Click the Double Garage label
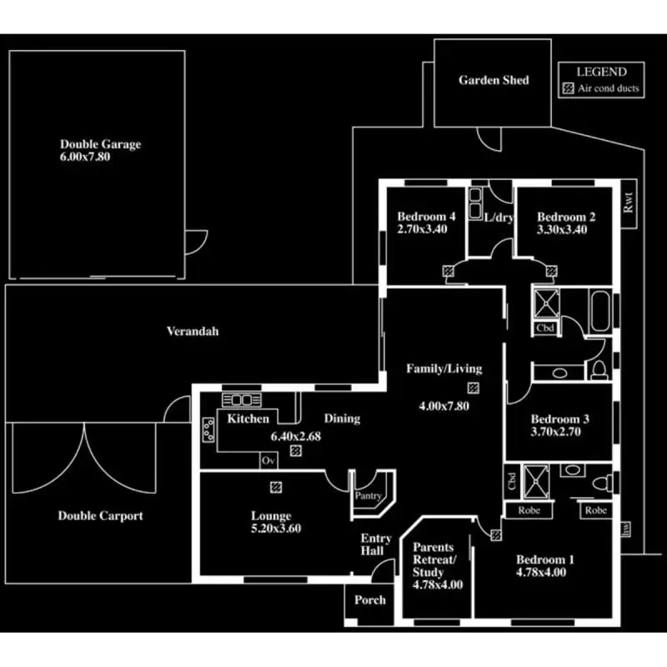click(100, 144)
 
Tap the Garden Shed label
click(494, 80)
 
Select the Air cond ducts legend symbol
click(569, 88)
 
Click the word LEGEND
click(601, 72)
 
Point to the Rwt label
click(629, 203)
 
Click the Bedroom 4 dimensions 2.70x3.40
click(422, 229)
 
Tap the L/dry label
click(499, 218)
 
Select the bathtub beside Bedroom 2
click(599, 311)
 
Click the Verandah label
click(193, 331)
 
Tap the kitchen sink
click(242, 400)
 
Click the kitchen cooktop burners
click(208, 429)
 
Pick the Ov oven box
click(268, 461)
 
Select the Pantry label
click(369, 495)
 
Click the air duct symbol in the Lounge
click(276, 487)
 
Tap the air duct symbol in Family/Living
click(474, 388)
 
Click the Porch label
click(370, 599)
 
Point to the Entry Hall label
click(376, 544)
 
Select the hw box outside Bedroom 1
click(626, 529)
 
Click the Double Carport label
click(100, 516)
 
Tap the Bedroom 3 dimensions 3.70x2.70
click(555, 432)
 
